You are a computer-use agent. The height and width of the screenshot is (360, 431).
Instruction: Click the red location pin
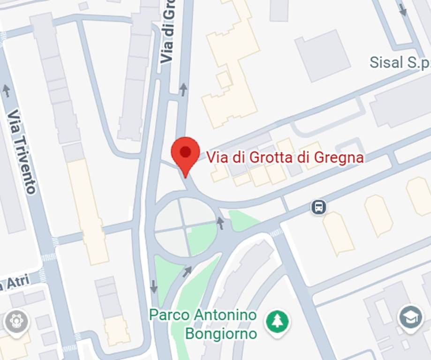point(185,152)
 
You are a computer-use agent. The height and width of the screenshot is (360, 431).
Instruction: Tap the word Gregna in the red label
point(339,157)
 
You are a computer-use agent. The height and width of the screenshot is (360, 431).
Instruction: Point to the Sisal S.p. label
point(400,62)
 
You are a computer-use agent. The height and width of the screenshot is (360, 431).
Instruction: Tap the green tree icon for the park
point(277,322)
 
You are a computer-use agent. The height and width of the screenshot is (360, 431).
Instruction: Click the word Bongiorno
point(221,334)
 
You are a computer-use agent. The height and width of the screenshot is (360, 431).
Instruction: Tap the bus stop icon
point(318,207)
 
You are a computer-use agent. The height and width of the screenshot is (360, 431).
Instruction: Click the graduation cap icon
point(410,319)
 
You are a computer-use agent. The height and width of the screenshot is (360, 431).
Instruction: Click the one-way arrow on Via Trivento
point(6,90)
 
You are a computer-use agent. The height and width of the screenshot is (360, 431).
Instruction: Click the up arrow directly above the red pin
point(183,89)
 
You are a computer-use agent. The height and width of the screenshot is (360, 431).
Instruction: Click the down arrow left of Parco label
point(153,286)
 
